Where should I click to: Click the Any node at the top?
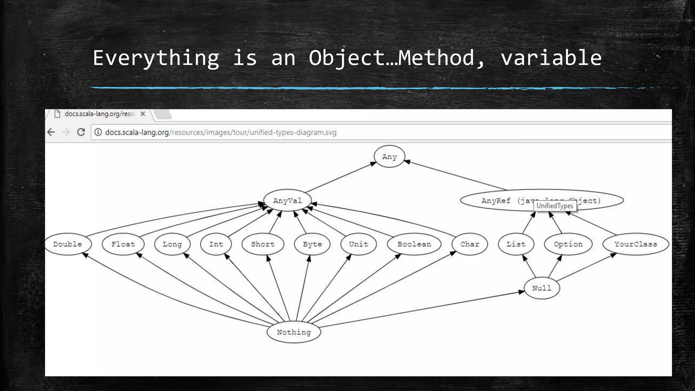[x=389, y=156]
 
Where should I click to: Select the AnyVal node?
[x=287, y=200]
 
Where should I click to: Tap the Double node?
[x=68, y=244]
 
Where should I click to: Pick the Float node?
[x=123, y=244]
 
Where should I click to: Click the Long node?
[x=172, y=244]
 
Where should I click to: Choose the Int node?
[x=216, y=244]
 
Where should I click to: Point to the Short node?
[x=263, y=244]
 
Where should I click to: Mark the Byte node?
[x=312, y=244]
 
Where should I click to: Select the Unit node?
[x=358, y=244]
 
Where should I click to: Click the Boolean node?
[x=414, y=244]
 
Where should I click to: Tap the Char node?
[x=470, y=244]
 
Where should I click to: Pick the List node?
[x=516, y=244]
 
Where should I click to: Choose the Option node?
[x=568, y=244]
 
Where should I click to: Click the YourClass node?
[x=636, y=244]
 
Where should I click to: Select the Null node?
[x=542, y=288]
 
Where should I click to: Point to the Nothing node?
[x=294, y=332]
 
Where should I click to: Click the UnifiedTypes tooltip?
[x=555, y=206]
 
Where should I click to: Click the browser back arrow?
[x=51, y=132]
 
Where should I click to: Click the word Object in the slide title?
[x=346, y=58]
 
